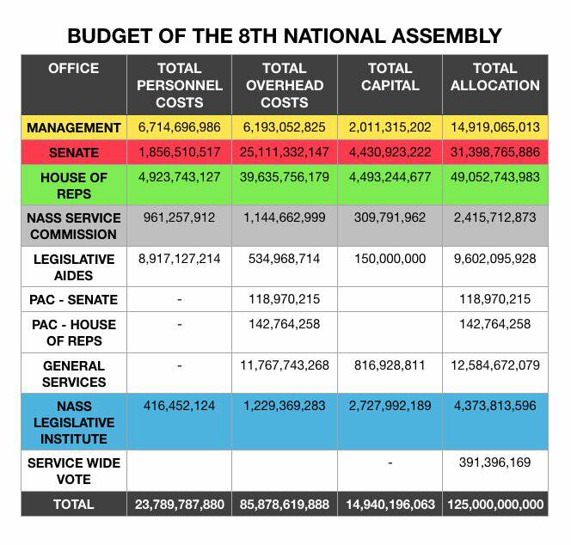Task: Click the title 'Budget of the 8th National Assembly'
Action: click(285, 35)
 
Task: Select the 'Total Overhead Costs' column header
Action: click(284, 85)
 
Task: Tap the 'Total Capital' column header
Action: click(390, 77)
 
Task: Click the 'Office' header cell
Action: click(74, 69)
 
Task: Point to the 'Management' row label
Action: click(74, 127)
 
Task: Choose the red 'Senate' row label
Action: click(74, 153)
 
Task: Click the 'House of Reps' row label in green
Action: click(74, 186)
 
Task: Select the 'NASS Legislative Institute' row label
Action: click(74, 422)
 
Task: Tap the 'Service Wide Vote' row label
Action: click(74, 470)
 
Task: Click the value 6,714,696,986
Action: click(179, 127)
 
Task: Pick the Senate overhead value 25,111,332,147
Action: click(284, 153)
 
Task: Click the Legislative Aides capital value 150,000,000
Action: click(390, 259)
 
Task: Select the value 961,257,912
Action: click(179, 217)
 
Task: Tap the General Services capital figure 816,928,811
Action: click(390, 365)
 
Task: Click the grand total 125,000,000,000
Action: click(495, 505)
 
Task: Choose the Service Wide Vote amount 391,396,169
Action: click(495, 462)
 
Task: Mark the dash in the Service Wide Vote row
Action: click(390, 462)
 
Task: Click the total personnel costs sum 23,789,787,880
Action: click(179, 505)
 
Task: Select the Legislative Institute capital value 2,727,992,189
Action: click(390, 406)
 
